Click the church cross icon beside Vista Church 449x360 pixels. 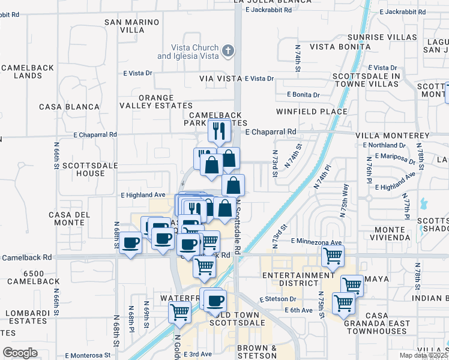tap(228, 51)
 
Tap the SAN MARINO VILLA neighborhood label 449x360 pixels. tap(132, 26)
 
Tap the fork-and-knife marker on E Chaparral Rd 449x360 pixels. tap(219, 131)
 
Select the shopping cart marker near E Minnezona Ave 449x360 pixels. tap(333, 256)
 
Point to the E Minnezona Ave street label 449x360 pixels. tap(316, 241)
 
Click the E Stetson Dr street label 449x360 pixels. tap(278, 299)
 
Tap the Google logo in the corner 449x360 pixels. tap(20, 352)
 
